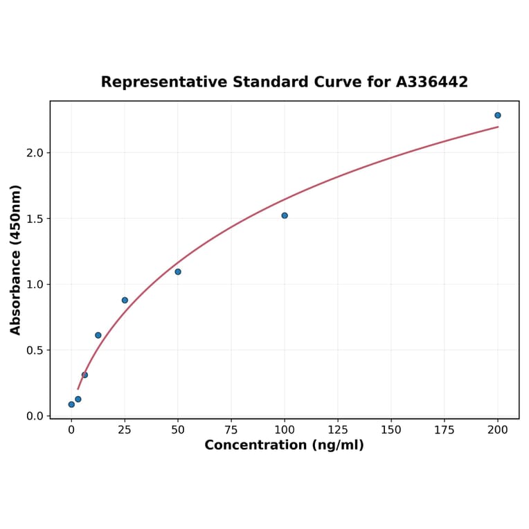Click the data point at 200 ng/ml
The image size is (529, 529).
point(498,115)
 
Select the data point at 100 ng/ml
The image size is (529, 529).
point(285,215)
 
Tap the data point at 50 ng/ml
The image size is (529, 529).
point(178,271)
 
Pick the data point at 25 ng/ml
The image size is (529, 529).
point(125,300)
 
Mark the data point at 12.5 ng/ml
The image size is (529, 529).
point(98,335)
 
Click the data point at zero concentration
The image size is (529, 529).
point(71,404)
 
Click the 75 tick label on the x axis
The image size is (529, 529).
point(231,430)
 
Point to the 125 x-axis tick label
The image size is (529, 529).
point(338,430)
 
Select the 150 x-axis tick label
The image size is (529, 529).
point(391,430)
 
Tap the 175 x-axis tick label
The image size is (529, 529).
point(445,430)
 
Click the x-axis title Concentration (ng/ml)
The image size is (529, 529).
point(284,445)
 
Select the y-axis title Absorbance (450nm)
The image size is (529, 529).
point(16,260)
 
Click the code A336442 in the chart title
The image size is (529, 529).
point(432,82)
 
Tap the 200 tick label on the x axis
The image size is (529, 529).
point(498,430)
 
